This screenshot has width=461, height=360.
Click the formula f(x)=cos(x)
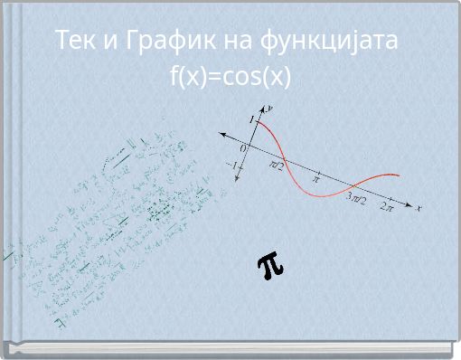coord(230,77)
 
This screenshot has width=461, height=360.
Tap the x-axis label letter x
coord(419,208)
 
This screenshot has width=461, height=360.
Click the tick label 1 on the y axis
coord(251,119)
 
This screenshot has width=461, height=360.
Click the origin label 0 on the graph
coord(242,147)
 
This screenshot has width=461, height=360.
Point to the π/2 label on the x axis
coord(277,166)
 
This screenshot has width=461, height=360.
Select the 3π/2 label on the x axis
coord(357,199)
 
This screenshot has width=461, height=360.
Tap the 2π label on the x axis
coord(387,207)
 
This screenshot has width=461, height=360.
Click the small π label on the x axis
coord(316,179)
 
